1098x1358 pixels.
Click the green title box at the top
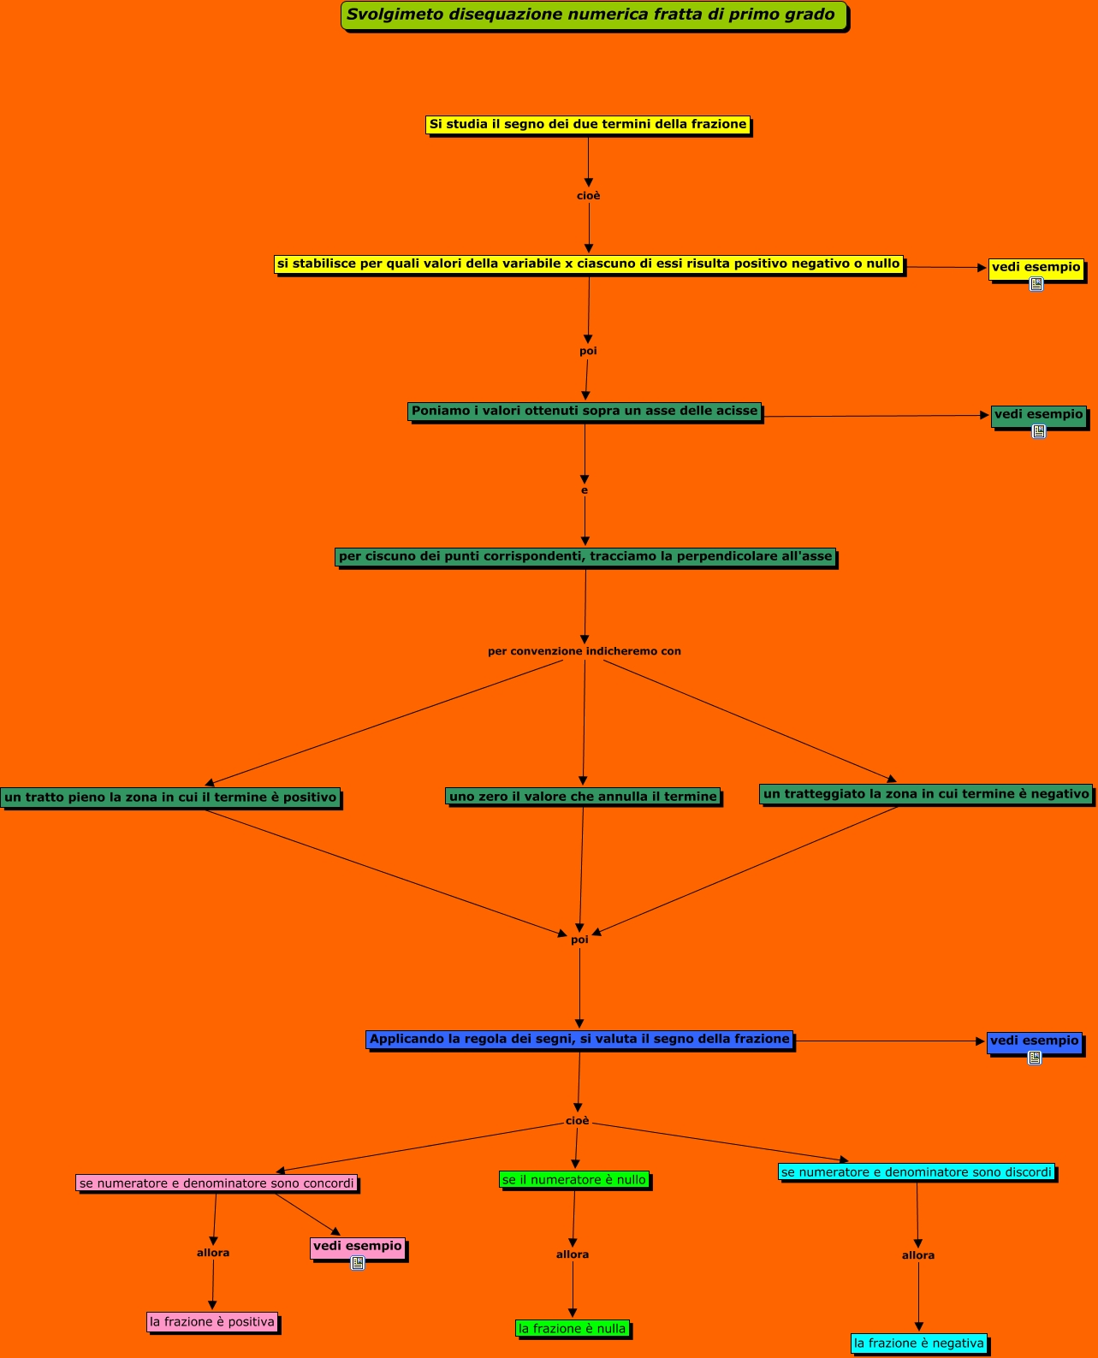pos(593,15)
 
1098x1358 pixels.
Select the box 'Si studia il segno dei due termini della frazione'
pos(587,125)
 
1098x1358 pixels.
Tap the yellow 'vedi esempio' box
pos(1036,267)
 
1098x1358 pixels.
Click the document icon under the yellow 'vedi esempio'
pos(1036,284)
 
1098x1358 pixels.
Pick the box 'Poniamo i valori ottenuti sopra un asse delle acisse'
pos(585,412)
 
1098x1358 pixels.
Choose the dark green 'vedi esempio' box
pos(1038,414)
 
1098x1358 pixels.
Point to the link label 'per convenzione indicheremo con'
pos(585,651)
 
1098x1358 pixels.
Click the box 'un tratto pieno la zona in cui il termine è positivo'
pos(170,798)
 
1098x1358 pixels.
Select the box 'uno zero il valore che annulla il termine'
pos(583,797)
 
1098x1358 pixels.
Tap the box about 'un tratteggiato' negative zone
pos(926,794)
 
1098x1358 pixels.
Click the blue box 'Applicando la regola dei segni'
pos(579,1040)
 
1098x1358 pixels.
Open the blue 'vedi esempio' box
pos(1034,1041)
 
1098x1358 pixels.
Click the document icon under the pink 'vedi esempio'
pos(358,1263)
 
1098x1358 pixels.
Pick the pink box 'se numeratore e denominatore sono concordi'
pos(217,1183)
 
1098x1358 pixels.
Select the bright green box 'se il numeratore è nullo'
pos(574,1180)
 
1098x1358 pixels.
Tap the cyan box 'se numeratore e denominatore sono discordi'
pos(917,1172)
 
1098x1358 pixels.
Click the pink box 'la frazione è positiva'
pos(212,1322)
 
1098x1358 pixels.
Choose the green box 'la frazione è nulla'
pos(573,1329)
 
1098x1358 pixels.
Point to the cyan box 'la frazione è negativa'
pos(919,1343)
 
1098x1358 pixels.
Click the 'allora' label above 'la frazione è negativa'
pos(918,1255)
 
